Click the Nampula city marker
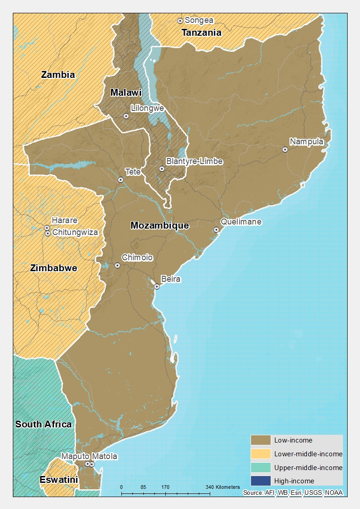tap(285, 149)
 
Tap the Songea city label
tap(198, 21)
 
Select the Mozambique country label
tap(159, 225)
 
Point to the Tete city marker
tap(120, 180)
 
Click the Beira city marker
tap(157, 286)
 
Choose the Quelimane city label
tap(241, 222)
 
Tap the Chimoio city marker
tap(117, 265)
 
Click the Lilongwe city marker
tap(126, 116)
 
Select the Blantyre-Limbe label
tap(194, 161)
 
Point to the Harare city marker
tap(47, 228)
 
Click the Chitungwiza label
tap(75, 232)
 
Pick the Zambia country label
tap(58, 75)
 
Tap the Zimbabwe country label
tap(54, 268)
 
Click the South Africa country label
tap(44, 424)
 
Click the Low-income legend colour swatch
tap(260, 440)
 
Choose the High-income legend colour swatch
tap(260, 481)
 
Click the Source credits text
tap(293, 493)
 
